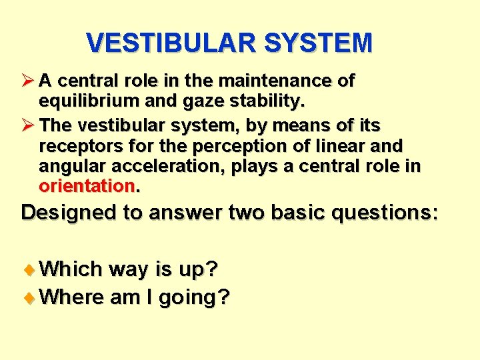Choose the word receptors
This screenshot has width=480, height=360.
(x=75, y=146)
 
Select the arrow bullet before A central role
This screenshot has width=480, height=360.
(x=29, y=81)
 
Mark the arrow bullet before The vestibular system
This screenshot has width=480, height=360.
(x=29, y=125)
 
